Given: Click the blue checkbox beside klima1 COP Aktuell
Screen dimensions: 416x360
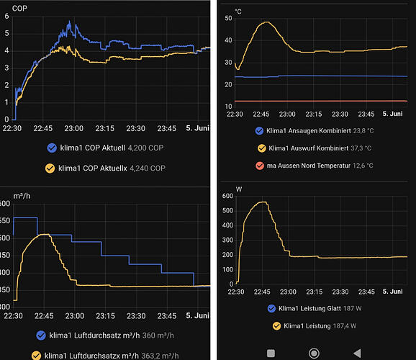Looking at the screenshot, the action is pyautogui.click(x=52, y=148).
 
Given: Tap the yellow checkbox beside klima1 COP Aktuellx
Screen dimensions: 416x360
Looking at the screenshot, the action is pyautogui.click(x=50, y=168).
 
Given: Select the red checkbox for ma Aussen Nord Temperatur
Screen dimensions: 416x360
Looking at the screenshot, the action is pyautogui.click(x=260, y=166).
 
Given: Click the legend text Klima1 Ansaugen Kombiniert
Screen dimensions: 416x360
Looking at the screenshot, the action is pyautogui.click(x=309, y=130).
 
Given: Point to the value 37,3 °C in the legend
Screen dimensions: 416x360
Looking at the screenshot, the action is pyautogui.click(x=361, y=148).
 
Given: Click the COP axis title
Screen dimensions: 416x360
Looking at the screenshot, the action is pyautogui.click(x=19, y=9).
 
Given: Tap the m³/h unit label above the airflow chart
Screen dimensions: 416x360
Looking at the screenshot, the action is pyautogui.click(x=22, y=196).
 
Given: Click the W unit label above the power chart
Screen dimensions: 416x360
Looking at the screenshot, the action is pyautogui.click(x=239, y=189).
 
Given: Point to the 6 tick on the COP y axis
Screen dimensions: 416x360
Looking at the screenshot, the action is pyautogui.click(x=6, y=16).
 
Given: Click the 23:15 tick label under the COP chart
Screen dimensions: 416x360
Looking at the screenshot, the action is pyautogui.click(x=105, y=128).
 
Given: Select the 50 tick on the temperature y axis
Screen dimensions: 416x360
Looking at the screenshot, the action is pyautogui.click(x=228, y=18).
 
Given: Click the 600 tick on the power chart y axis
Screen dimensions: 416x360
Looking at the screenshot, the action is pyautogui.click(x=227, y=196).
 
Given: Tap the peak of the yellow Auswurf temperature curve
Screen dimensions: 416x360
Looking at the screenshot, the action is pyautogui.click(x=266, y=22).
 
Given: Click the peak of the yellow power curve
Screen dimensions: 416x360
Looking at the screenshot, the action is pyautogui.click(x=263, y=202).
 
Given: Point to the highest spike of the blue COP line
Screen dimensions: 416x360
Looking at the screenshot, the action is pyautogui.click(x=70, y=21).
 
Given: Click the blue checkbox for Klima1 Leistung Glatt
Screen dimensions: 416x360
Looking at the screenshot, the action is pyautogui.click(x=271, y=308).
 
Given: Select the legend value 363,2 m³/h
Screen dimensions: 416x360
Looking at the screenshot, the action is pyautogui.click(x=160, y=356).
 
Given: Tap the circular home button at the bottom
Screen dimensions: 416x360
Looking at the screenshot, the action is pyautogui.click(x=314, y=354).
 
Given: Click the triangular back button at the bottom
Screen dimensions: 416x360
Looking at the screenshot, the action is pyautogui.click(x=358, y=354).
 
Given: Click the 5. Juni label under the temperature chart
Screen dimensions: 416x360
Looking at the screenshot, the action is pyautogui.click(x=392, y=114).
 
